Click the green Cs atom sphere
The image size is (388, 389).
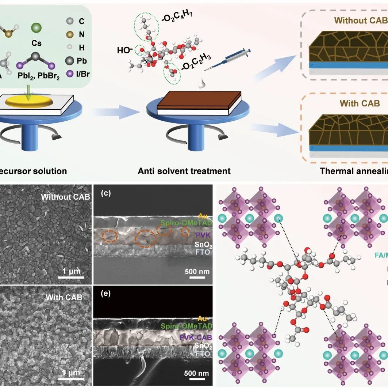point(36,28)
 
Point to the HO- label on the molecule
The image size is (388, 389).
point(126,50)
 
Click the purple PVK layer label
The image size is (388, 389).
point(200,234)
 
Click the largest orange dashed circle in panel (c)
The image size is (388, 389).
point(146,239)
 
